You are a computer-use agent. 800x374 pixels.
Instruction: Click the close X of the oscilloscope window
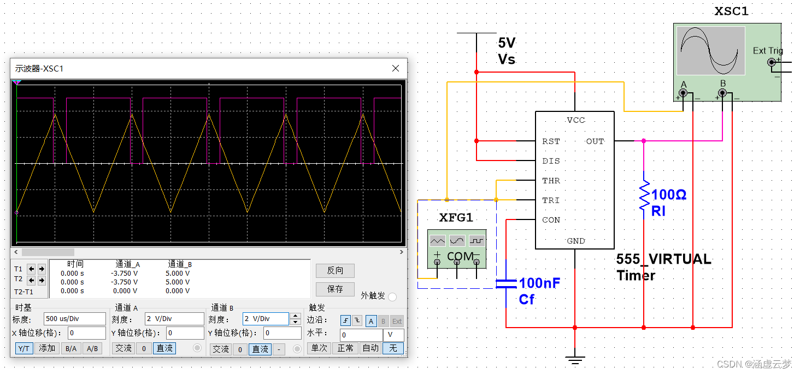(396, 68)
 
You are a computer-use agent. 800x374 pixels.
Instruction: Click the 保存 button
(335, 289)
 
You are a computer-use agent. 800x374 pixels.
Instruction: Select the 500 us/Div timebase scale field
(75, 319)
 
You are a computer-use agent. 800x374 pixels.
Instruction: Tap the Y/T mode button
(23, 348)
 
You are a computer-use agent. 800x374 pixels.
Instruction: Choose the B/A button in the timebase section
(70, 348)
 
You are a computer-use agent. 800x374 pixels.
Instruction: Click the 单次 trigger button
(319, 348)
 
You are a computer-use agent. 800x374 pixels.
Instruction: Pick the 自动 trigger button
(370, 348)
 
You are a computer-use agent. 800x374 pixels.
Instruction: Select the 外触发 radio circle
(392, 296)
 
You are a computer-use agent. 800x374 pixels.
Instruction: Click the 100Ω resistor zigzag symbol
(644, 195)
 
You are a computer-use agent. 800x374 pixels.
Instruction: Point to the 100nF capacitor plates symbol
(506, 283)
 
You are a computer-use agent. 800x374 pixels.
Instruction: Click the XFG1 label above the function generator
(456, 218)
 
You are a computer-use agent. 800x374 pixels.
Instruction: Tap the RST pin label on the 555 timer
(551, 141)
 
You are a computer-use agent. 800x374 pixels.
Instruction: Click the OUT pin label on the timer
(595, 141)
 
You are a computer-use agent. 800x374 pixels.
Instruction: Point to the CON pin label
(551, 220)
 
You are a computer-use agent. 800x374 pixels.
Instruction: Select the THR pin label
(551, 181)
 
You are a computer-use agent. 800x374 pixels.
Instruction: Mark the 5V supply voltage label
(507, 43)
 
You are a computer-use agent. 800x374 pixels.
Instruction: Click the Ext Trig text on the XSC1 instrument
(767, 51)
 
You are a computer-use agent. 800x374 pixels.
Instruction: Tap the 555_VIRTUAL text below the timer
(663, 259)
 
